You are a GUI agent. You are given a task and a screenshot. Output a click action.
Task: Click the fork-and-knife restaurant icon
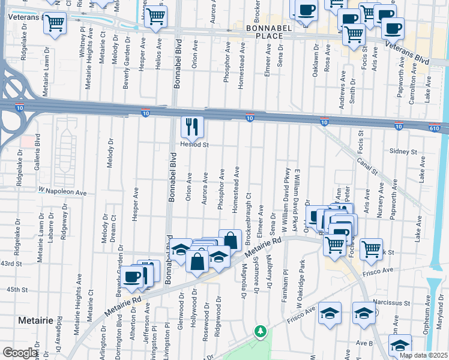(x=192, y=127)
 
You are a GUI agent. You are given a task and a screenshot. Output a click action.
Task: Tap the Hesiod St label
(x=193, y=145)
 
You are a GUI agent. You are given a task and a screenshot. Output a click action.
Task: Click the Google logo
(x=20, y=353)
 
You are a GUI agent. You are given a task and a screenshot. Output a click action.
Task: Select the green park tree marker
(x=260, y=331)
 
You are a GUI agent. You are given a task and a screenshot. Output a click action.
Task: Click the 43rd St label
(x=11, y=263)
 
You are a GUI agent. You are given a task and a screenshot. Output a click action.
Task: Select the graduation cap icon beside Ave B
(x=400, y=346)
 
